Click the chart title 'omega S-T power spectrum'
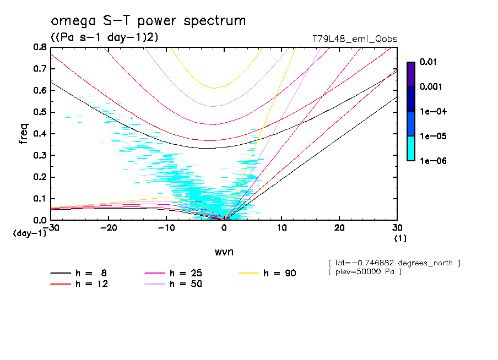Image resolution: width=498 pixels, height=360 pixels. click(x=148, y=21)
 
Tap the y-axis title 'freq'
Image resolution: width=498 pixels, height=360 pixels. click(x=23, y=134)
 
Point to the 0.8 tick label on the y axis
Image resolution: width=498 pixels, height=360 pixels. click(x=39, y=47)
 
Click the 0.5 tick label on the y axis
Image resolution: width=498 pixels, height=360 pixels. click(x=39, y=112)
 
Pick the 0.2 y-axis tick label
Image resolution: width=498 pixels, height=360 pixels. click(x=39, y=177)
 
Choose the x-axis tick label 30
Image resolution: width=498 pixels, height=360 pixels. click(x=397, y=228)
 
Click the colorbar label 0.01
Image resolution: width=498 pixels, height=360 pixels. click(x=428, y=62)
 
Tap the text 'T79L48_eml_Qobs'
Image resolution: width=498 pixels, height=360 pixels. click(x=354, y=39)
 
